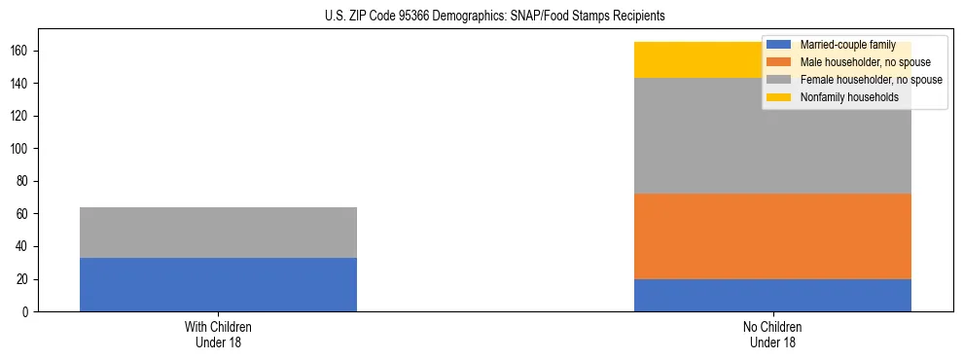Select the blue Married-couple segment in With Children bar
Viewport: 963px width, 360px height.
[218, 284]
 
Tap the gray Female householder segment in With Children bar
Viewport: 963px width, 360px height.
[218, 232]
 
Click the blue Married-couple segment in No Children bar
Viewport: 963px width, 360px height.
[772, 295]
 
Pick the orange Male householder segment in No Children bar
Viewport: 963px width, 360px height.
[772, 236]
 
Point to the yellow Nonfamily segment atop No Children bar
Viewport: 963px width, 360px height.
[700, 59]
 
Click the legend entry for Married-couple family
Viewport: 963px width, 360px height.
[842, 45]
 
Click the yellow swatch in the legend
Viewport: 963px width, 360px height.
[779, 97]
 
